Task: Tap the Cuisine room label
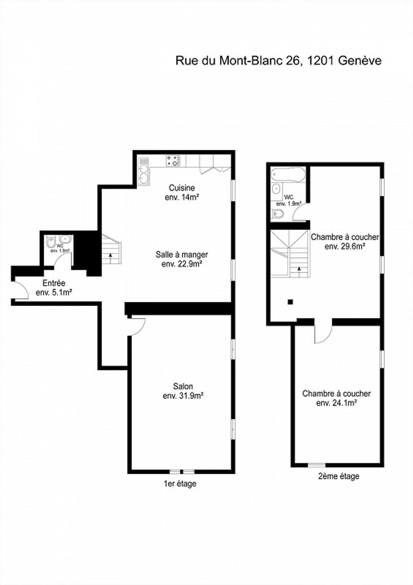pos(182,188)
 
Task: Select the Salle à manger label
pos(182,254)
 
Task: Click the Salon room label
pos(183,386)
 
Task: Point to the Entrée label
pos(54,283)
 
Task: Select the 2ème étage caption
pos(339,476)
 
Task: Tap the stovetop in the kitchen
pos(173,161)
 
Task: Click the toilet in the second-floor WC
pos(277,214)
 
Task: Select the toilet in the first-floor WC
pos(51,243)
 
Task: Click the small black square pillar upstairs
pos(291,302)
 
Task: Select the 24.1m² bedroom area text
pos(336,403)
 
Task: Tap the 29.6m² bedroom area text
pos(345,246)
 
